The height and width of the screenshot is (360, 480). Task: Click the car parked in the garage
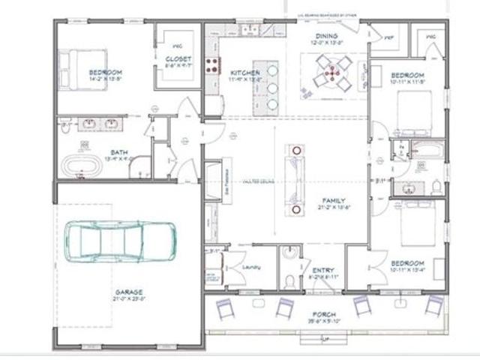tap(120, 239)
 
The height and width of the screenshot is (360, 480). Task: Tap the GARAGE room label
tap(130, 292)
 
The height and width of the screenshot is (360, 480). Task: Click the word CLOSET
tap(178, 58)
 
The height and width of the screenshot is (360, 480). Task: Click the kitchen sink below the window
tap(248, 31)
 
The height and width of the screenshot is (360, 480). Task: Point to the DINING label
tap(326, 36)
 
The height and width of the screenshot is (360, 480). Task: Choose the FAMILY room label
tap(333, 200)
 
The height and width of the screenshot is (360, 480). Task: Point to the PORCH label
tap(325, 313)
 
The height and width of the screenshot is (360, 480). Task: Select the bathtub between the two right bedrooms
tap(428, 147)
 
